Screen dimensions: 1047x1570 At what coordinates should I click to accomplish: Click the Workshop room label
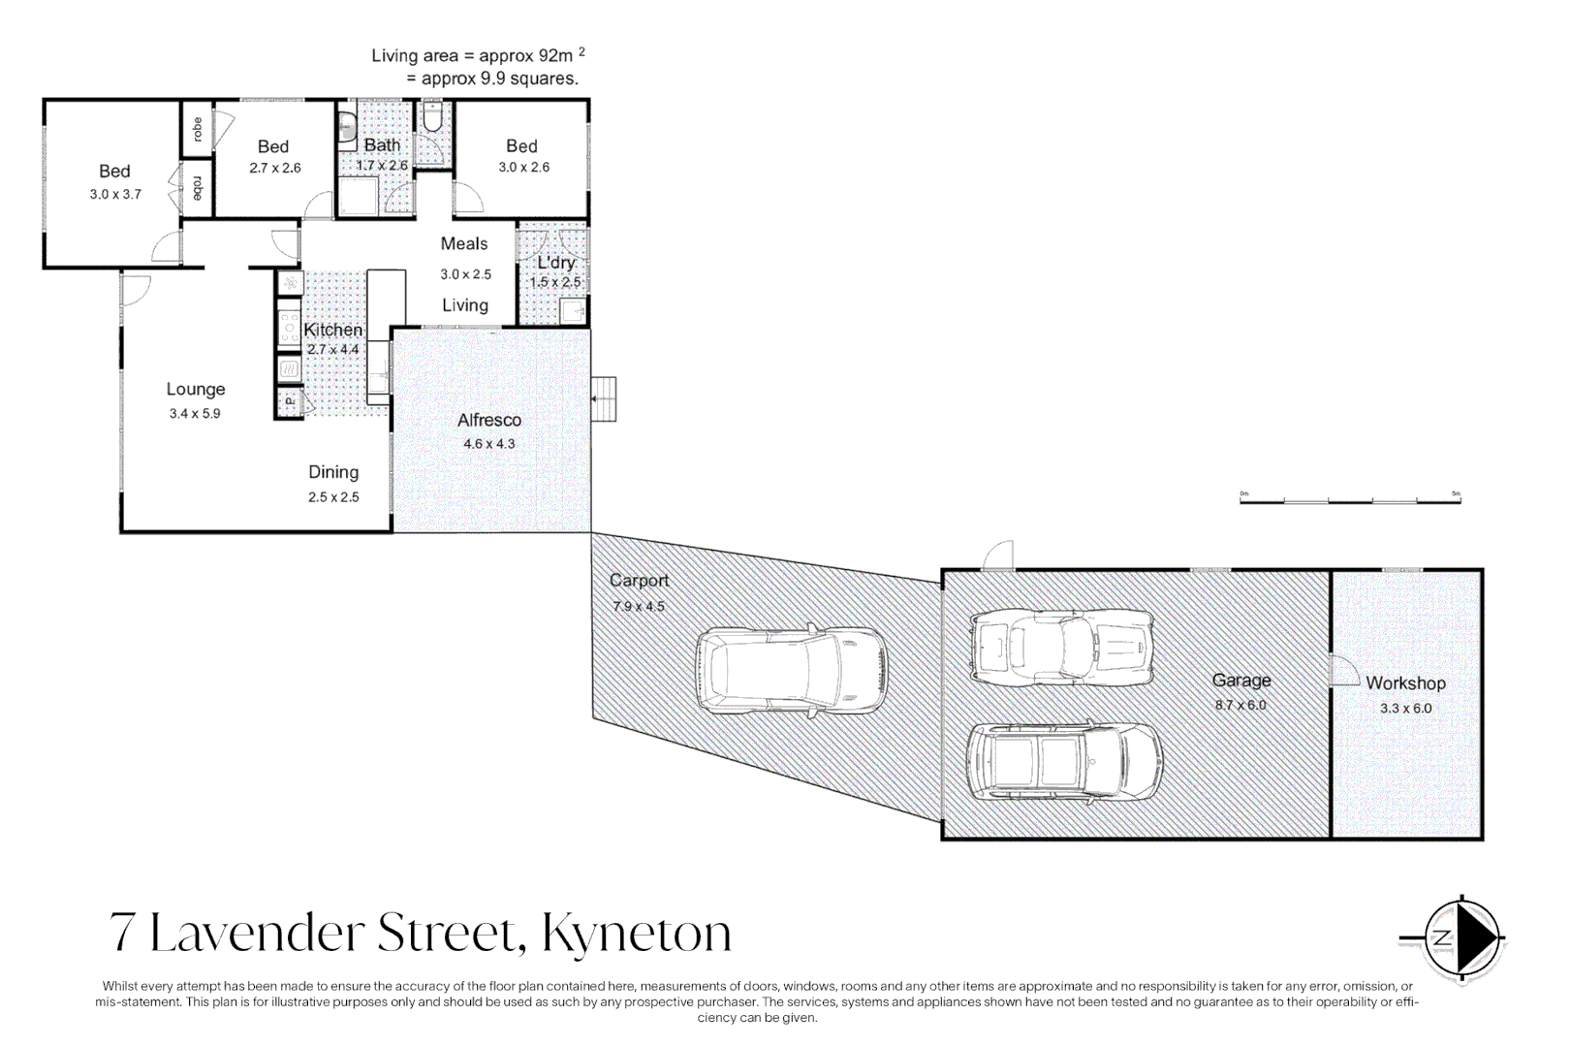(x=1405, y=682)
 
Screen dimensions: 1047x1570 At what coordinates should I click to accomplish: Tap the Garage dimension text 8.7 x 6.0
(x=1240, y=705)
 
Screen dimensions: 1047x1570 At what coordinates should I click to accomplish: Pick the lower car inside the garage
(x=1064, y=761)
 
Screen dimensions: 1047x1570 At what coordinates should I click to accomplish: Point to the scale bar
(x=1349, y=499)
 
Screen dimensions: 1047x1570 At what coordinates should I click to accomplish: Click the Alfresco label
(x=489, y=420)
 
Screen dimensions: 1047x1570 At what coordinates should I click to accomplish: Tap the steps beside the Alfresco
(x=604, y=398)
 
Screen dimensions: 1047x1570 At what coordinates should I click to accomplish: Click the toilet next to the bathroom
(x=432, y=118)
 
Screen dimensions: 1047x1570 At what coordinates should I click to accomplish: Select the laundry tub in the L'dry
(x=573, y=311)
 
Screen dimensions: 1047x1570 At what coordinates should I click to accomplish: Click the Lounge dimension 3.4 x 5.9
(x=195, y=413)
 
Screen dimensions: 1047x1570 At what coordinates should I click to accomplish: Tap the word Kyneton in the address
(x=636, y=933)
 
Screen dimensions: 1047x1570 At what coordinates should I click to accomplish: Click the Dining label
(x=333, y=472)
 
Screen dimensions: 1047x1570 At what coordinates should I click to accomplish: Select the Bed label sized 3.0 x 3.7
(x=114, y=172)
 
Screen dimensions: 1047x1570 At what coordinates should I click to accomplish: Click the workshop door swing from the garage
(x=1344, y=671)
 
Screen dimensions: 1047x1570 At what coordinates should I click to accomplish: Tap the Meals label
(x=464, y=244)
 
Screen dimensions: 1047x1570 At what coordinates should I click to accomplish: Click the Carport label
(x=639, y=580)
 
